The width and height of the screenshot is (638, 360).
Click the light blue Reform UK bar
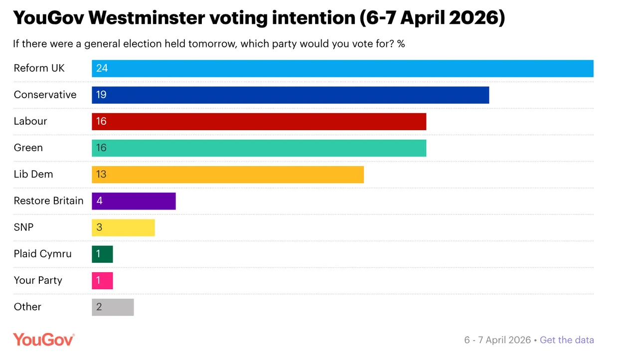coord(342,68)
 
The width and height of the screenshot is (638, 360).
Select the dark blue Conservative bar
coord(290,95)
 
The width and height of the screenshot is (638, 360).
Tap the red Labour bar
coord(259,121)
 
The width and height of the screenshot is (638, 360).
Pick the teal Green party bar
coord(259,148)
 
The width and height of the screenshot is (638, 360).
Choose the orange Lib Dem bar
coord(228,174)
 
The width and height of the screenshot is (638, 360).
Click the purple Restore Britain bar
coord(134,200)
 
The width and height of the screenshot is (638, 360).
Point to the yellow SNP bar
coord(123,227)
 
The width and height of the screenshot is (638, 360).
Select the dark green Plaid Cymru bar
coord(102,254)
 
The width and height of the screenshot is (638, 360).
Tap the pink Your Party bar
coord(102,280)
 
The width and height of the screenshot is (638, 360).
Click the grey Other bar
coord(113,307)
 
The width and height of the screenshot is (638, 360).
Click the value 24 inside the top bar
coord(102,68)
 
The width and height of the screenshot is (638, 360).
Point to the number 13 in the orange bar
coord(101,174)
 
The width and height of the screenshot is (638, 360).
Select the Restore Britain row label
coord(48,200)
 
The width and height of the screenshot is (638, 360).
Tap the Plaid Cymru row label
coord(42,254)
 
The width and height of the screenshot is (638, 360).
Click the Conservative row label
coord(45,95)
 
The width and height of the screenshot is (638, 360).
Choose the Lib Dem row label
coord(33,174)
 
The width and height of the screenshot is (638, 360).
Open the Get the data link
coord(567,340)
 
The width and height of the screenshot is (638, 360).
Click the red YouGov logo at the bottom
coord(43,340)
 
